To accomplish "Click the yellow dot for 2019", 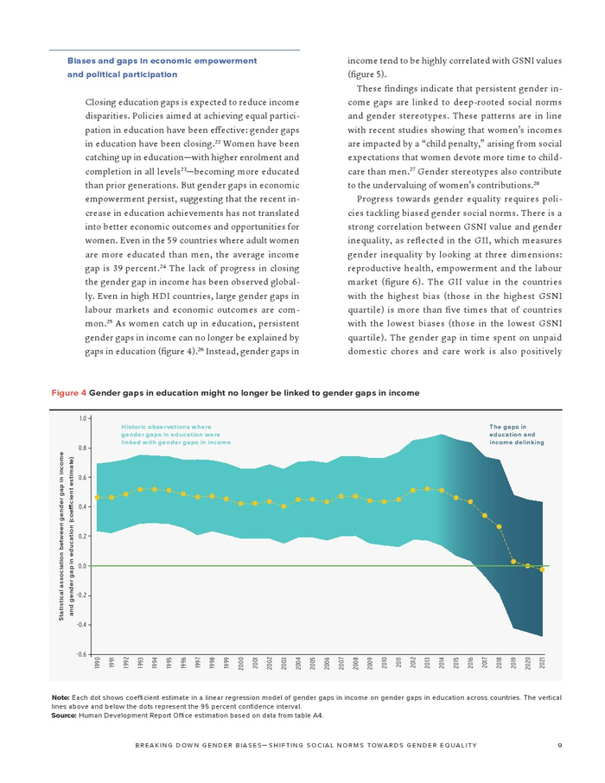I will click(513, 562).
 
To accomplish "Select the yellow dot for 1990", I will click(98, 497).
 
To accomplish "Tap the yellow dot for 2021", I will click(542, 570).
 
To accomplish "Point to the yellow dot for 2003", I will click(283, 506).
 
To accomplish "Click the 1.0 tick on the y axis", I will click(83, 418).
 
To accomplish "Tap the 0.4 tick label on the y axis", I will click(83, 506).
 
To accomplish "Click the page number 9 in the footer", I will click(560, 746).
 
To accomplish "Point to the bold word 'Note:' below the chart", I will click(60, 697).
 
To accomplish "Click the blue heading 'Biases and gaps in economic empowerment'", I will click(162, 60).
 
